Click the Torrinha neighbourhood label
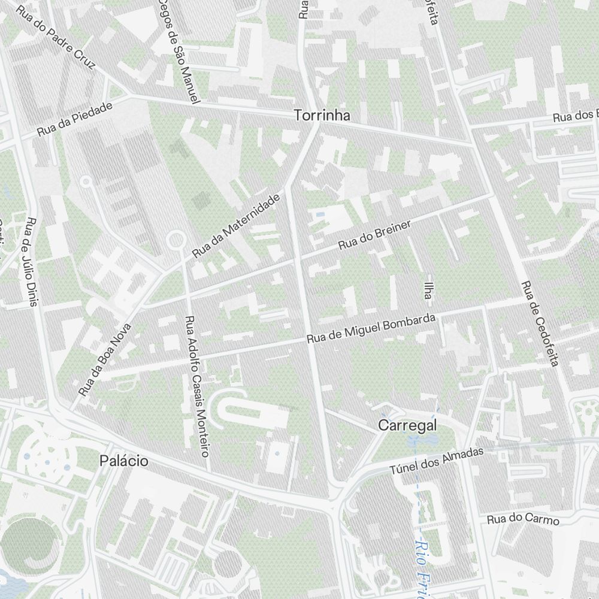pyautogui.click(x=322, y=116)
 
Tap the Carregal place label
pyautogui.click(x=407, y=425)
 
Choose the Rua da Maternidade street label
pyautogui.click(x=236, y=226)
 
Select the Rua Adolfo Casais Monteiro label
pyautogui.click(x=197, y=386)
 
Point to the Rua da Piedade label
pyautogui.click(x=75, y=119)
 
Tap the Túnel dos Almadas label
pyautogui.click(x=436, y=462)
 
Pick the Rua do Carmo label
pyautogui.click(x=523, y=519)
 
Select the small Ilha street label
pyautogui.click(x=427, y=289)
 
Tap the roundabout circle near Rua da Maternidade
pyautogui.click(x=176, y=240)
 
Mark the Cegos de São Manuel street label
pyautogui.click(x=179, y=51)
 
